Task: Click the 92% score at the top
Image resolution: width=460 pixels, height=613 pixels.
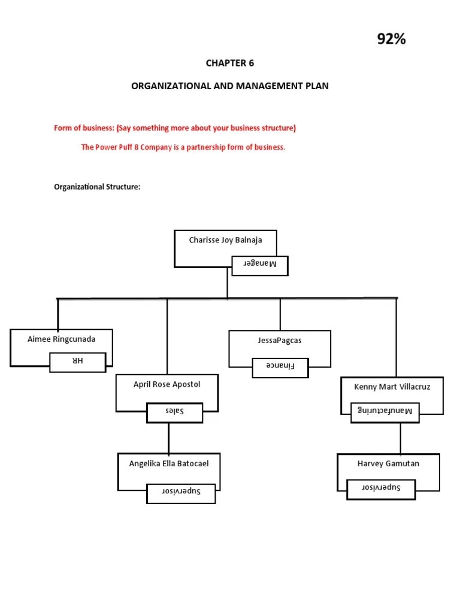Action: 391,40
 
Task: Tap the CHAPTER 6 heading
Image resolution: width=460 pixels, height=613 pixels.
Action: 230,63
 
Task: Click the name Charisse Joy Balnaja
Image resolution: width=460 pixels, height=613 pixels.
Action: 225,241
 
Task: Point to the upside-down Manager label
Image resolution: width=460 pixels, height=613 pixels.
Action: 260,265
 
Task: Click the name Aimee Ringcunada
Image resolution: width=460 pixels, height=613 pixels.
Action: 61,339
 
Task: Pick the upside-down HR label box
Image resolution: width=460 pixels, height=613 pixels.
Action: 78,362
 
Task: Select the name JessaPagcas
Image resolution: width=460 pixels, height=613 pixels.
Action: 280,341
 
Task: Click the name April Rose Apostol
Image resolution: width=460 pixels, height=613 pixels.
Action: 167,385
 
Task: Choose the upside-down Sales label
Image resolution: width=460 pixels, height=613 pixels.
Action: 174,412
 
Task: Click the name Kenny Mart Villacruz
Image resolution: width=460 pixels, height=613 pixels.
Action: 392,387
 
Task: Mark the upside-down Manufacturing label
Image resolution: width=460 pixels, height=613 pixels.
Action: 385,411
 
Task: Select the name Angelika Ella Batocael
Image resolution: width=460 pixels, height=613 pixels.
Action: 169,463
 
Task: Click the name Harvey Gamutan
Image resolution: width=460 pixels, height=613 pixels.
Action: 388,464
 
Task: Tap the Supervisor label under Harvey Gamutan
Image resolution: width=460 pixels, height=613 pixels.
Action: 381,488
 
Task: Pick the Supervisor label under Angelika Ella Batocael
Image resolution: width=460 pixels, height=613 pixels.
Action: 181,493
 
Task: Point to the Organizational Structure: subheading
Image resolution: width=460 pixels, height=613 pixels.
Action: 97,187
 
